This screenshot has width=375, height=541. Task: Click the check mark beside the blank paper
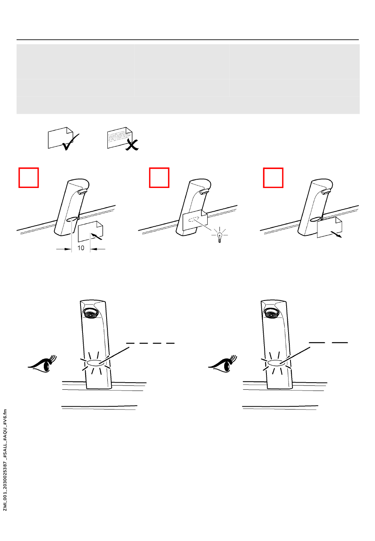[x=70, y=143]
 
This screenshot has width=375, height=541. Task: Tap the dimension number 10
[x=81, y=248]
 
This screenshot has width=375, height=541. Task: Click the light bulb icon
[x=219, y=237]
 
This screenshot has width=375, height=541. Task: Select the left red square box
[x=29, y=178]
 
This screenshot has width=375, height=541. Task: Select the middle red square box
[x=159, y=178]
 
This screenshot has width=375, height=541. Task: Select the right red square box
[x=273, y=178]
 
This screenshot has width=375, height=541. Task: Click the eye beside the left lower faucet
[x=42, y=363]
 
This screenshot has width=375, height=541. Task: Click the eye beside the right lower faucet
[x=223, y=363]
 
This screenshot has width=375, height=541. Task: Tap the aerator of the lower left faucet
[x=90, y=314]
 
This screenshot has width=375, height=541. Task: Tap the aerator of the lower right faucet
[x=272, y=314]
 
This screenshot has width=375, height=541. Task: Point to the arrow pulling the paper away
[x=336, y=234]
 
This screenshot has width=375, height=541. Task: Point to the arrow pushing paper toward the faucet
[x=97, y=236]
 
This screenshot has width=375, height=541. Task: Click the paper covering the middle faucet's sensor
[x=195, y=220]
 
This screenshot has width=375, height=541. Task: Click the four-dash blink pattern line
[x=150, y=343]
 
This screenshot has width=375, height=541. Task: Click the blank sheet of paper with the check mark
[x=60, y=138]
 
